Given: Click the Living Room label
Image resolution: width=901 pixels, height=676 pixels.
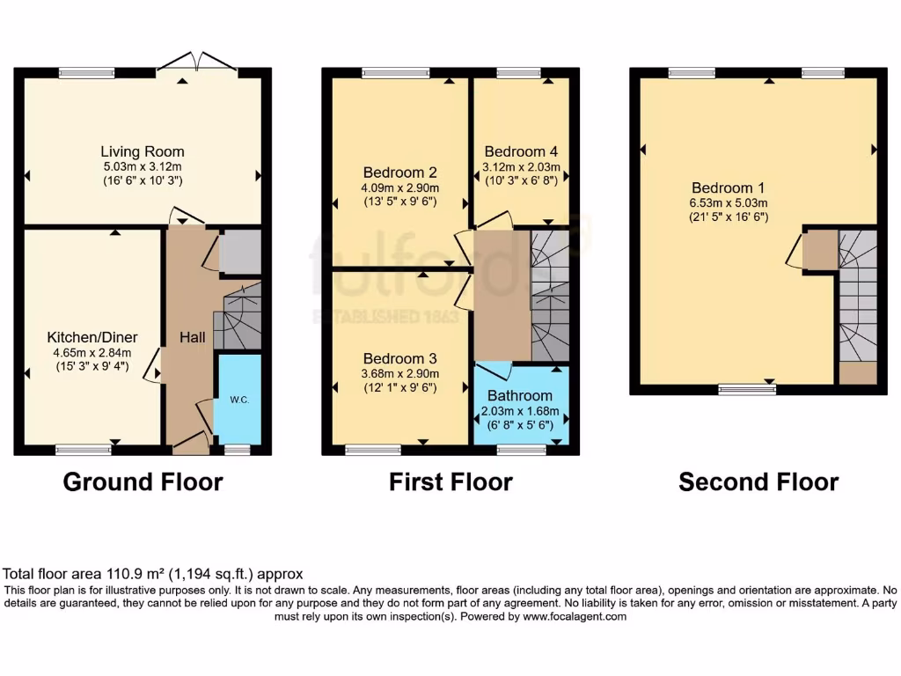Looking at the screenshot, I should pyautogui.click(x=143, y=151).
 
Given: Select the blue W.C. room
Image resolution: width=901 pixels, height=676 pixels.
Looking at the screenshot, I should pyautogui.click(x=238, y=399).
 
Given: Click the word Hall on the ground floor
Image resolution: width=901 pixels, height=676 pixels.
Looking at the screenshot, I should pyautogui.click(x=193, y=337).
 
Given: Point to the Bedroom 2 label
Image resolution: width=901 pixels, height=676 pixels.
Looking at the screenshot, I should pyautogui.click(x=400, y=173).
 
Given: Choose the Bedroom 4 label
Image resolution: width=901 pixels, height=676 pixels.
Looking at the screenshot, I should pyautogui.click(x=521, y=151).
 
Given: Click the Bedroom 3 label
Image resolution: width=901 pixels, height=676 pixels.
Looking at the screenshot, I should pyautogui.click(x=400, y=359).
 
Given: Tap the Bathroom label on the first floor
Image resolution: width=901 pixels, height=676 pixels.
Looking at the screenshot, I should pyautogui.click(x=521, y=395).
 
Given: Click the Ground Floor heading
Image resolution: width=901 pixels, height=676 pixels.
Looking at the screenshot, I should pyautogui.click(x=143, y=482).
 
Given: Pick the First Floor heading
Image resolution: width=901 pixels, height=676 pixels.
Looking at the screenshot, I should pyautogui.click(x=450, y=482).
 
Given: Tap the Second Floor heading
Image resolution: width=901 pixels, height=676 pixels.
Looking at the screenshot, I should pyautogui.click(x=758, y=482).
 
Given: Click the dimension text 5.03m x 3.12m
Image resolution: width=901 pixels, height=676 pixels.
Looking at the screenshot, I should pyautogui.click(x=143, y=166).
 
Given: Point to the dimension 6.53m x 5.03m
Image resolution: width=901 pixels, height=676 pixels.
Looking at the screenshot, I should pyautogui.click(x=728, y=202).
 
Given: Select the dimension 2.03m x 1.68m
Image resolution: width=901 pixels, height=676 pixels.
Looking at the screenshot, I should pyautogui.click(x=521, y=409).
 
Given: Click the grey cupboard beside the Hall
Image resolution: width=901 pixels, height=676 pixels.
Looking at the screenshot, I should pyautogui.click(x=240, y=253).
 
